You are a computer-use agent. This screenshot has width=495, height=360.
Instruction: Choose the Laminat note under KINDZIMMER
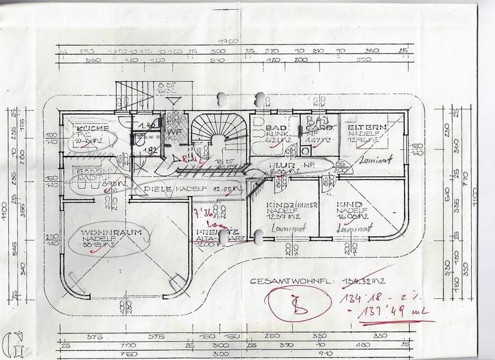pyautogui.click(x=284, y=227)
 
